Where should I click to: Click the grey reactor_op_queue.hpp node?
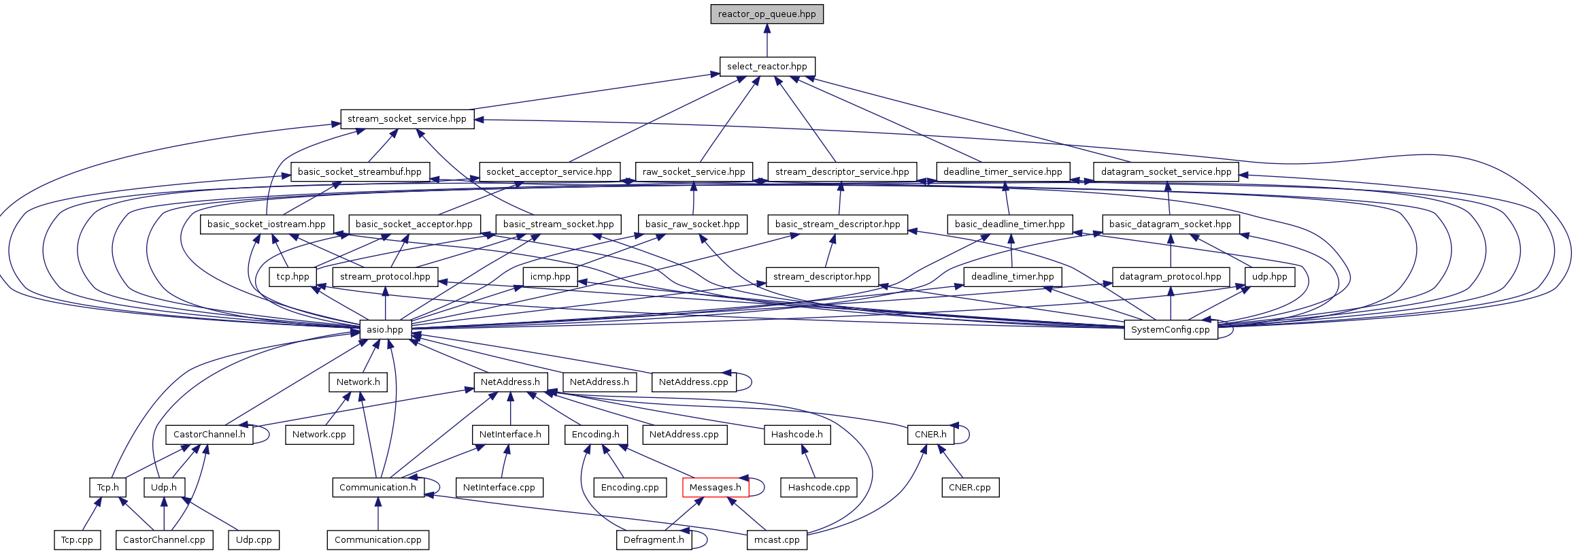click(x=767, y=14)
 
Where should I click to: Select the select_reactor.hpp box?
click(x=767, y=67)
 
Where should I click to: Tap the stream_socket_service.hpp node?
click(x=407, y=119)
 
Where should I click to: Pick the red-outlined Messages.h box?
click(x=715, y=488)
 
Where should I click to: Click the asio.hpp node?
click(x=385, y=330)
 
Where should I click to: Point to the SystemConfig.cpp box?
click(x=1170, y=330)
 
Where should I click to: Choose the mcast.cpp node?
click(x=777, y=540)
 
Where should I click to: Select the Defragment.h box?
click(x=654, y=540)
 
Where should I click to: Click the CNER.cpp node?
click(x=970, y=488)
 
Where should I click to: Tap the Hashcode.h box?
click(x=796, y=435)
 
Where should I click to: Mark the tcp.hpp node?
click(x=292, y=277)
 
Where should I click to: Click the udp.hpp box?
click(x=1269, y=277)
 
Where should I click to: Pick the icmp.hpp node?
click(x=550, y=277)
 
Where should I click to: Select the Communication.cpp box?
click(x=377, y=540)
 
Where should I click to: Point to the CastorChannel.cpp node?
click(x=164, y=540)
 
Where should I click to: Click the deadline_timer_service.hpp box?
click(x=1003, y=172)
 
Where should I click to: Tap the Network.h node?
click(x=358, y=382)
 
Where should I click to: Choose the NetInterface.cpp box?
click(x=499, y=488)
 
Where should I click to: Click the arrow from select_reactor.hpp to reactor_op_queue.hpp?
click(x=767, y=41)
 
